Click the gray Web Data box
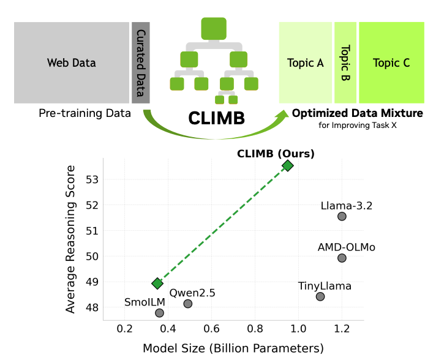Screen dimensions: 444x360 pyautogui.click(x=72, y=62)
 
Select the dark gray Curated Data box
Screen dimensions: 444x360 pyautogui.click(x=141, y=62)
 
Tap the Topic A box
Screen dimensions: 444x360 pyautogui.click(x=305, y=62)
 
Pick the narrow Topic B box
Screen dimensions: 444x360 pyautogui.click(x=345, y=62)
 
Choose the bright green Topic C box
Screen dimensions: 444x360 pyautogui.click(x=391, y=62)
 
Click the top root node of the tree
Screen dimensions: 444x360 pyautogui.click(x=214, y=29)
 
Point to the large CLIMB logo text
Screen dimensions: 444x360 pyautogui.click(x=217, y=118)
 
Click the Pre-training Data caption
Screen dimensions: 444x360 pyautogui.click(x=85, y=113)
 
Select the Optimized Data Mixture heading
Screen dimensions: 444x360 pyautogui.click(x=358, y=113)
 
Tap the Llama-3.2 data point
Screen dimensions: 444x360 pyautogui.click(x=342, y=216)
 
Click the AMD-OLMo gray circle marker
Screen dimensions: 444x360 pyautogui.click(x=342, y=258)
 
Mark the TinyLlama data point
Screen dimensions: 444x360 pyautogui.click(x=320, y=296)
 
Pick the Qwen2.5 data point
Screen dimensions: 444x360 pyautogui.click(x=188, y=304)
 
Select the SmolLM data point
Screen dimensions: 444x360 pyautogui.click(x=159, y=313)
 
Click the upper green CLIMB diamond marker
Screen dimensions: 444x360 pyautogui.click(x=288, y=165)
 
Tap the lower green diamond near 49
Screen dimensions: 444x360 pyautogui.click(x=157, y=283)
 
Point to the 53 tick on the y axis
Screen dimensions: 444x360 pyautogui.click(x=92, y=180)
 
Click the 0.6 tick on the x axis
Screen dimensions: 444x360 pyautogui.click(x=211, y=329)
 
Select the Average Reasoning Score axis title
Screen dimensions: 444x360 pyautogui.click(x=70, y=239)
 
